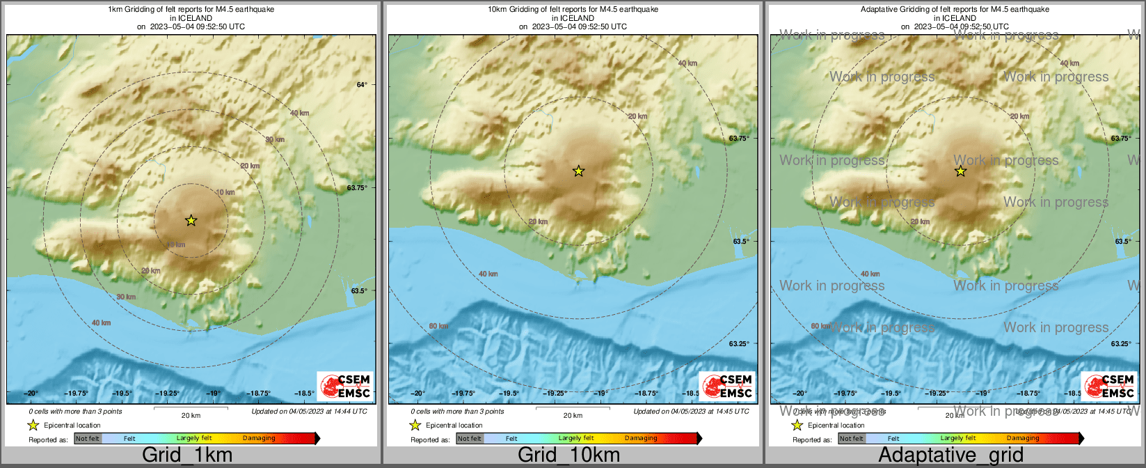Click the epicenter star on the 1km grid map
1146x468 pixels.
coord(191,221)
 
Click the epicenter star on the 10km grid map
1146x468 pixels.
coord(578,171)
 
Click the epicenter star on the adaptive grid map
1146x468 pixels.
coord(960,171)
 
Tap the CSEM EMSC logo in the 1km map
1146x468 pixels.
coord(346,386)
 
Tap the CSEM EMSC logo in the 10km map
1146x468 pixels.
coord(727,386)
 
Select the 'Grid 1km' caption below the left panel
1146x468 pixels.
coord(187,455)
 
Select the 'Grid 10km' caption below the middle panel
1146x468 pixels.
coord(568,455)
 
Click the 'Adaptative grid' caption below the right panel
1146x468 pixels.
coord(950,455)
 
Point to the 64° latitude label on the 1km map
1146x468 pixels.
coord(362,85)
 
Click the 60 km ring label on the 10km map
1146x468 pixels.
coord(438,326)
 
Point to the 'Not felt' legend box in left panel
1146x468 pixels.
coord(88,439)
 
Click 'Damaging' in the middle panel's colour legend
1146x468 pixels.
coord(641,439)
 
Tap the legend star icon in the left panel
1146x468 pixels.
coord(33,426)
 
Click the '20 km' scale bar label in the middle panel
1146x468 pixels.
coord(573,416)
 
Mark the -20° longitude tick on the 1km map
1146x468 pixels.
coord(31,393)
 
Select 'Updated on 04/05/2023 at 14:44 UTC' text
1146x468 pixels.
coord(310,412)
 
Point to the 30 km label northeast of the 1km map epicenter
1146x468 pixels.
coord(275,140)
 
